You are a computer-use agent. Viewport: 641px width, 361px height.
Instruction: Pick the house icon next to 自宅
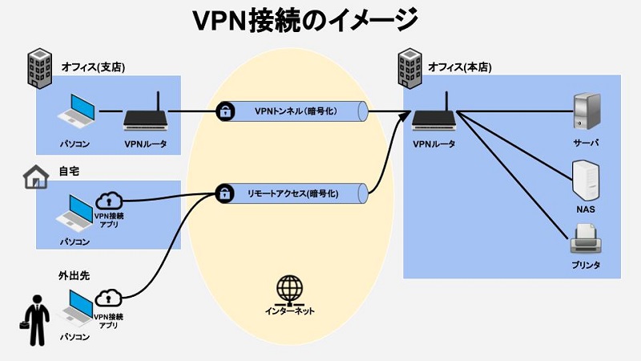point(35,177)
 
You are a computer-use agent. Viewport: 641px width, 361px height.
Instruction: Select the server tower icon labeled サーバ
point(586,111)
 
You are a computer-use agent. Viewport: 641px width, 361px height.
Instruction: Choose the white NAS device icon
point(586,180)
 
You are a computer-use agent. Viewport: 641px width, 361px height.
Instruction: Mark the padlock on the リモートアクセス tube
point(227,193)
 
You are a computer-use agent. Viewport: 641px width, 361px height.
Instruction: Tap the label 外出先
point(74,275)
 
